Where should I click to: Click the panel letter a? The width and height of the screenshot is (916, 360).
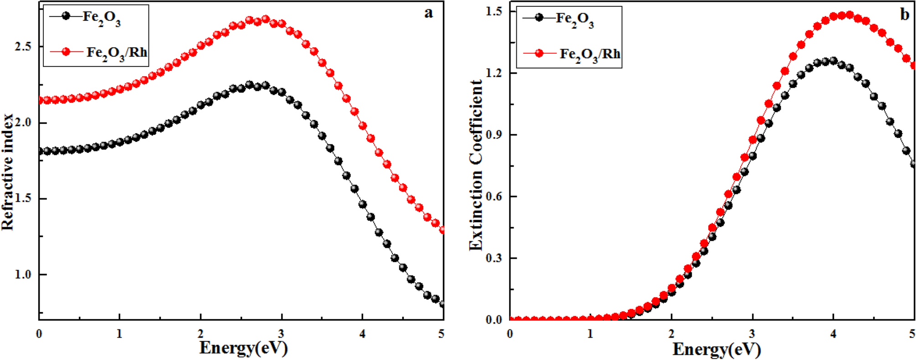428,13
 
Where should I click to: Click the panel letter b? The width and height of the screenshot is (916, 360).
905,15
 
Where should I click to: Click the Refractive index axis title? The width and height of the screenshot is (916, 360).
8,172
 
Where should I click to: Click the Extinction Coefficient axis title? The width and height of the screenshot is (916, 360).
476,165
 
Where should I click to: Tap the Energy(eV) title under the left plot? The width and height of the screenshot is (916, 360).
244,348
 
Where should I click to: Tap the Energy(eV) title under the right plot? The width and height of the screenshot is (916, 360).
717,349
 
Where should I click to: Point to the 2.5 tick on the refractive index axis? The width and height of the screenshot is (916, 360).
23,47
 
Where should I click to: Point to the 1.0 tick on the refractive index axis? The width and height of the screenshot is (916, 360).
23,275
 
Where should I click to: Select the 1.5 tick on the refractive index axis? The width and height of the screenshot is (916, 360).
23,199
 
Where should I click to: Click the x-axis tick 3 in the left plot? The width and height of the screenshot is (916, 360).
282,334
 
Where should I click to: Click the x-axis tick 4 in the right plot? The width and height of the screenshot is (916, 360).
834,334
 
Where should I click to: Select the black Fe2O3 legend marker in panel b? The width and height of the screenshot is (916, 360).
540,18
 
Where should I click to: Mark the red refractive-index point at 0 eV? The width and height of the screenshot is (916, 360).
40,100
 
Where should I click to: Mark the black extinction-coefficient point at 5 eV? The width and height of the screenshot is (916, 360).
913,164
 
